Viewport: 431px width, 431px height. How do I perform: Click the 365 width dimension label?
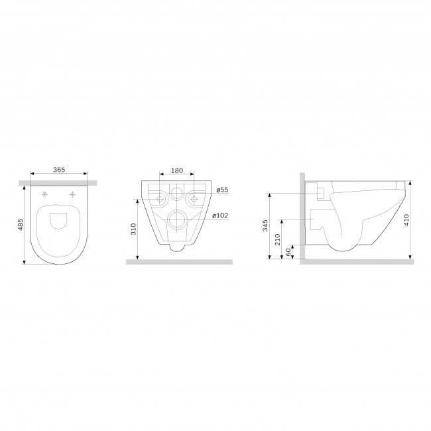59,170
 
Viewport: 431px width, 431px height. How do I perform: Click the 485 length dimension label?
21,225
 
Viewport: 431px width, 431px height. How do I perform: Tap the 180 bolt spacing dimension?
177,170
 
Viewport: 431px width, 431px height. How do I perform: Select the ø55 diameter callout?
222,190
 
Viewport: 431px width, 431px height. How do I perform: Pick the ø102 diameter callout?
220,215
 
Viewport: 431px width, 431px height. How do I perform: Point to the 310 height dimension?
133,229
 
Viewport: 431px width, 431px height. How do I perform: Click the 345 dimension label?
265,225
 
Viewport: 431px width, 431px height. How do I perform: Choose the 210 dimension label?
277,239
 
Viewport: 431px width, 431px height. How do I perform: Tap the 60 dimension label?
288,252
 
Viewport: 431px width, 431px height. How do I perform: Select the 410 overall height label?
407,220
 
